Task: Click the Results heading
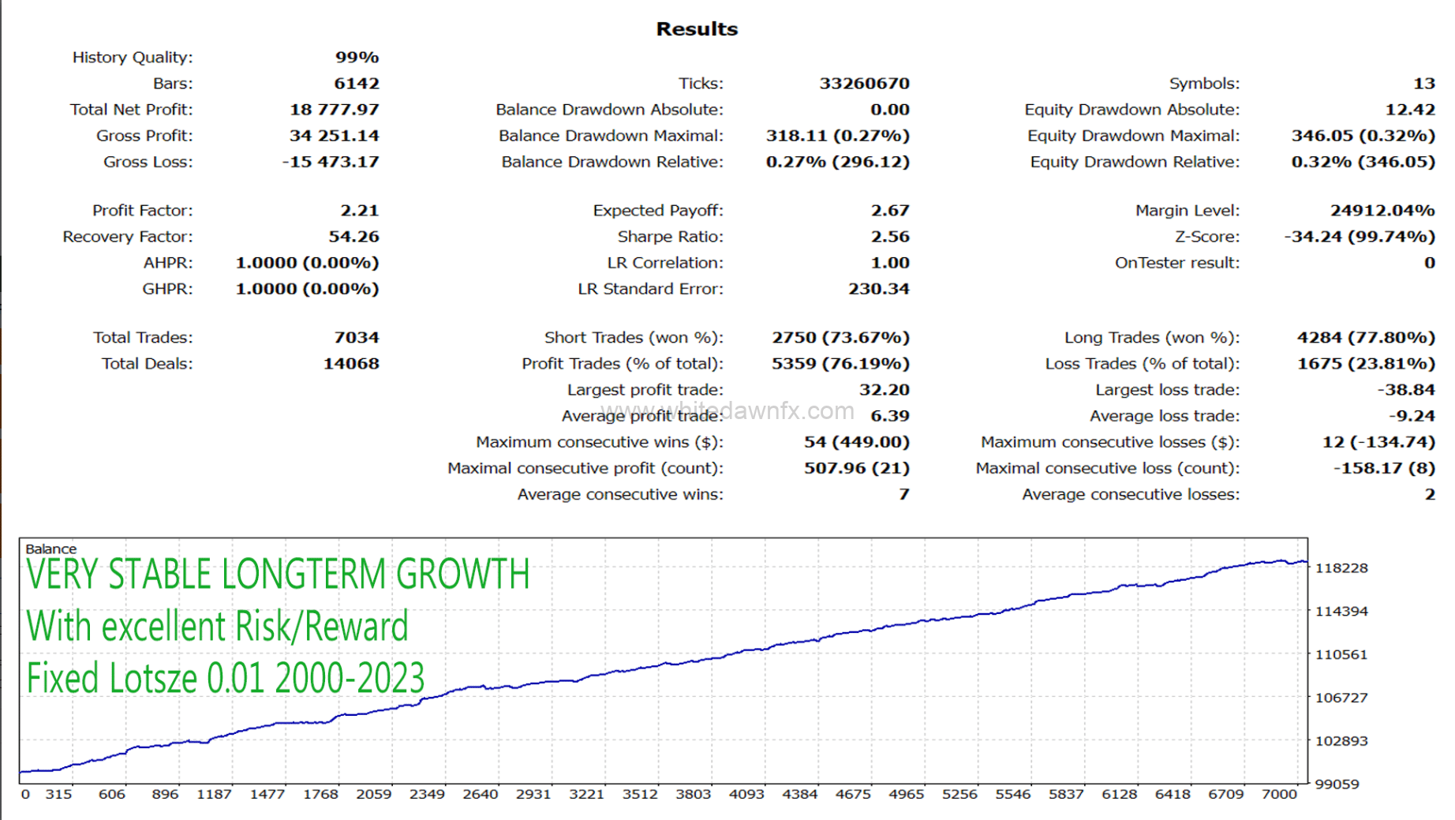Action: (x=697, y=29)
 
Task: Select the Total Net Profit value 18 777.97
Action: (x=334, y=110)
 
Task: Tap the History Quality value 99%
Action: (x=357, y=58)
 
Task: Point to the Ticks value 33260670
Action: (x=864, y=84)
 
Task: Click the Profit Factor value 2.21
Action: (x=359, y=211)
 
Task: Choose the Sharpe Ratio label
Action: (x=670, y=237)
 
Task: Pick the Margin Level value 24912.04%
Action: (x=1382, y=211)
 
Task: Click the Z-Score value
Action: (x=1359, y=237)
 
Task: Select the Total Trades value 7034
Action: (x=356, y=338)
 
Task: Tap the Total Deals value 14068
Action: (x=350, y=364)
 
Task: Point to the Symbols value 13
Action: (x=1423, y=84)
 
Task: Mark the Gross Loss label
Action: (x=148, y=162)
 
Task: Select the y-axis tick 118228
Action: (x=1341, y=568)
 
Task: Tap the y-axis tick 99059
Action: (x=1337, y=784)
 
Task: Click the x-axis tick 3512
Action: (x=639, y=794)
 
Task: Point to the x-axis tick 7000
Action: (x=1278, y=794)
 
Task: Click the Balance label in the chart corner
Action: (x=50, y=549)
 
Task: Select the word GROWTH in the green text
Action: (x=462, y=575)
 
